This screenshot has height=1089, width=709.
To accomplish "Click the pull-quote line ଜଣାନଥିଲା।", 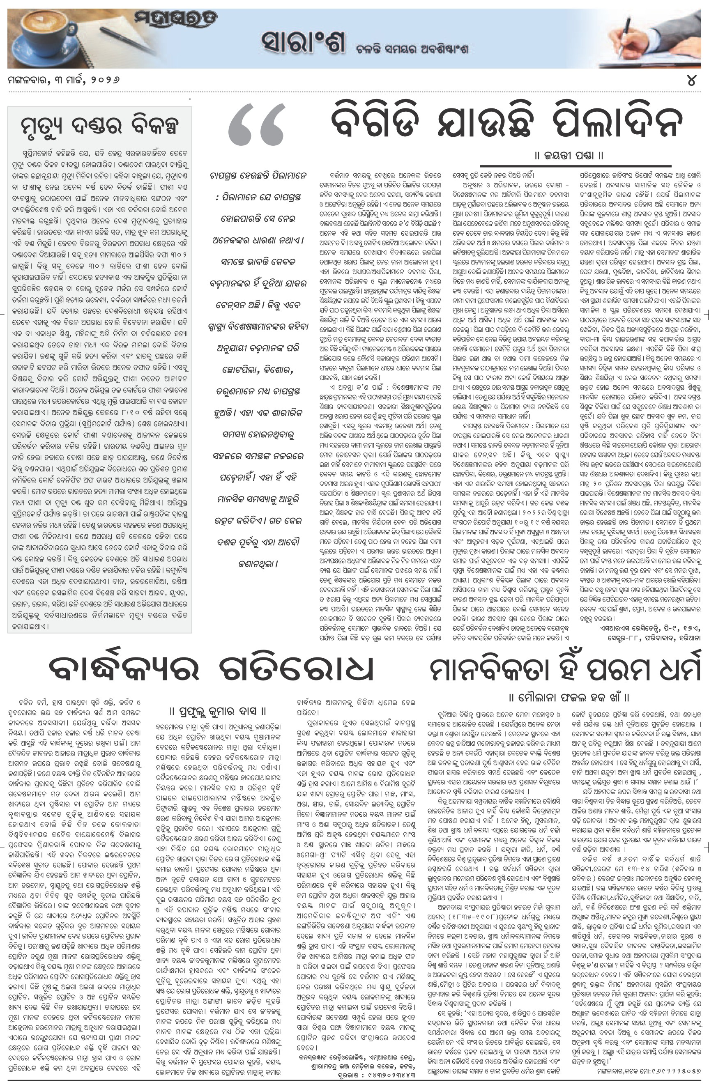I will tap(258, 564).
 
